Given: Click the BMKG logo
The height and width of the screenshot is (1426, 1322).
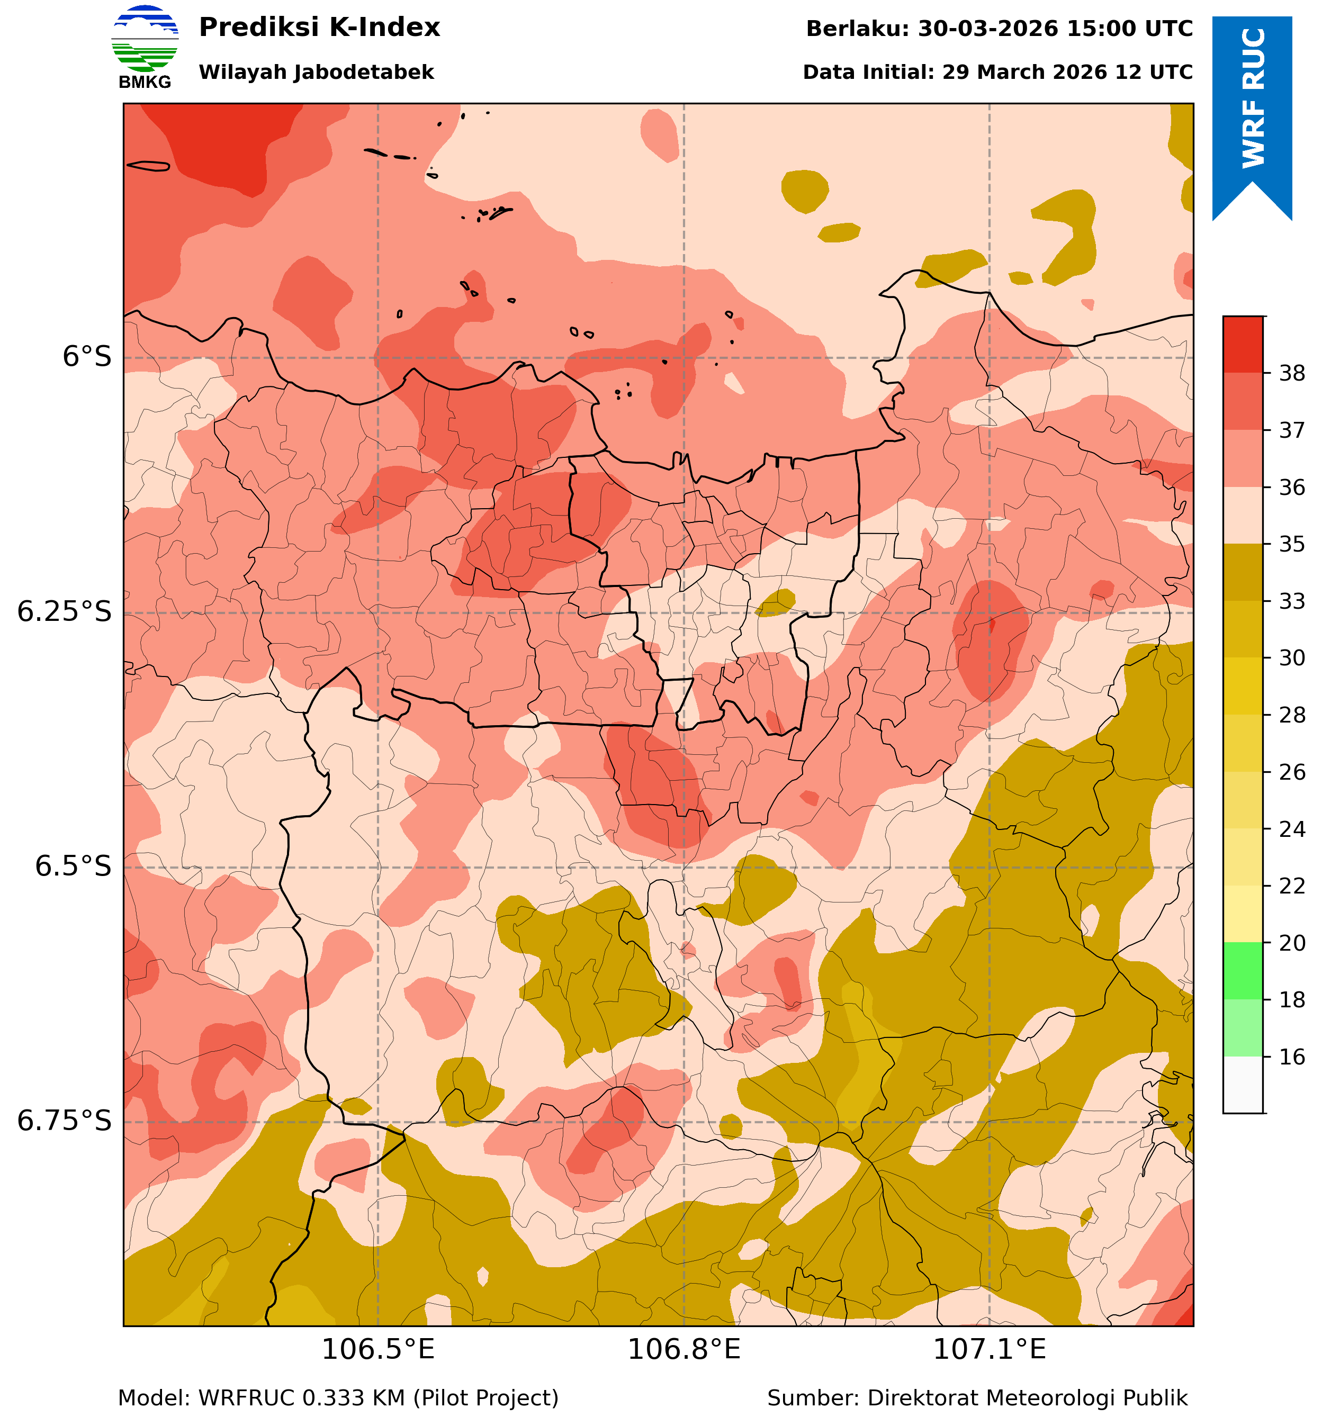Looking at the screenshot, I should coord(145,47).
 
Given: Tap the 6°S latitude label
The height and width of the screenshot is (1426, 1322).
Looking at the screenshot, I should coord(87,357).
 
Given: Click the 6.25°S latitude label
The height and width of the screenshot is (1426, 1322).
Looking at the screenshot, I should coord(65,612).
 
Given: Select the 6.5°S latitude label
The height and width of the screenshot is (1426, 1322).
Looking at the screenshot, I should coord(74,867).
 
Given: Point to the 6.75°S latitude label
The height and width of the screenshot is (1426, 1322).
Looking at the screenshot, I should coord(65,1121).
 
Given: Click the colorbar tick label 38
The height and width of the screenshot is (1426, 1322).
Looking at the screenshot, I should coord(1292,373).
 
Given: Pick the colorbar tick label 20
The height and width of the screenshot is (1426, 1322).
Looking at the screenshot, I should coord(1292,943).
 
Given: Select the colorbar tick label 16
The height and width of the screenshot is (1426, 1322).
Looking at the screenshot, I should coord(1292,1057).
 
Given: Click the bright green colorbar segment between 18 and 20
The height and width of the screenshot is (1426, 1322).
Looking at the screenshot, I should coord(1243,971).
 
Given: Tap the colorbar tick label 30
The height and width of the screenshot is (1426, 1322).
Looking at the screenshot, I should coord(1292,658).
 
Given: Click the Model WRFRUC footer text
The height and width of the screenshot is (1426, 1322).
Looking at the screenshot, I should coord(338,1398).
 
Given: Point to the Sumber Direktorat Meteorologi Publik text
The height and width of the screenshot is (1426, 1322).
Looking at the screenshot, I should coord(977,1398).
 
